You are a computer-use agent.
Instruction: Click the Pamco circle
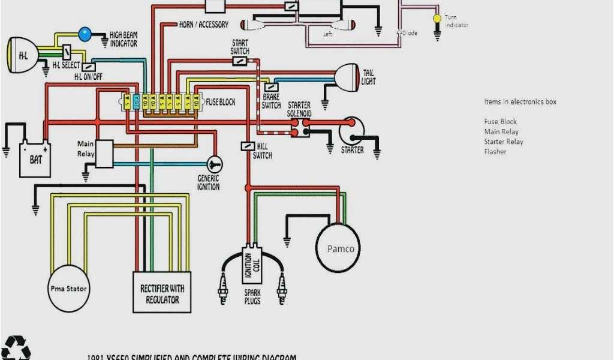(x=340, y=248)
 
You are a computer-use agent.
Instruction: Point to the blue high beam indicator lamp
(x=86, y=34)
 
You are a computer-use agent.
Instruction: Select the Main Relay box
(x=104, y=154)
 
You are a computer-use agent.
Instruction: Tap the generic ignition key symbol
(x=215, y=164)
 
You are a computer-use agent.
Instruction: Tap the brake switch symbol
(x=271, y=87)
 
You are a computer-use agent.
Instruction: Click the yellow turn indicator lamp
(x=437, y=19)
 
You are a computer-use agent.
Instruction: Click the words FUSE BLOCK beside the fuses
(x=221, y=102)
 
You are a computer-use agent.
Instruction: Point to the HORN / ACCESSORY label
(x=204, y=25)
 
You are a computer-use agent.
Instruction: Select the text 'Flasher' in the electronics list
(x=495, y=152)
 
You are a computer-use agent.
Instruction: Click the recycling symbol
(x=16, y=348)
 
